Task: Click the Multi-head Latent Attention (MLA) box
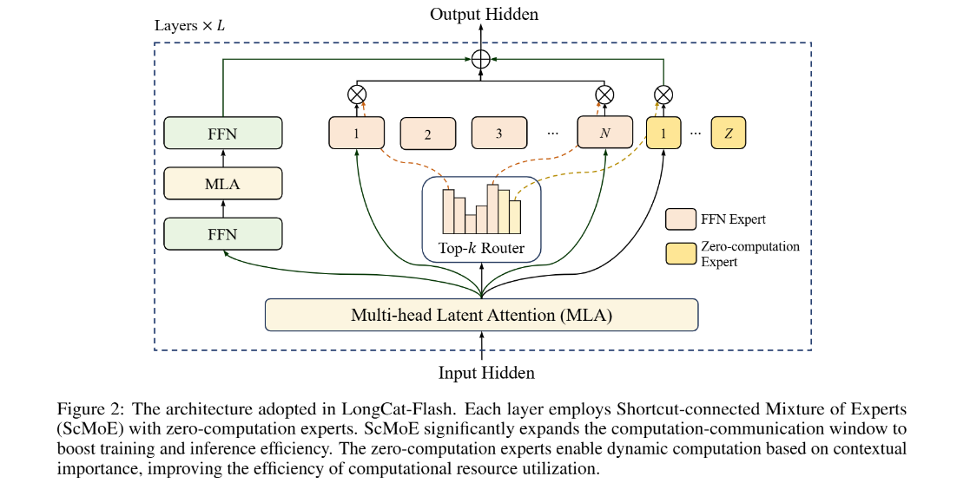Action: [481, 315]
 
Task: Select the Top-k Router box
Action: [482, 219]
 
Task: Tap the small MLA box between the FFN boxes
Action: [223, 183]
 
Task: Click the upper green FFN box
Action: [223, 133]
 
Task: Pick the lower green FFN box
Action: [223, 234]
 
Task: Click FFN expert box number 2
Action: [428, 134]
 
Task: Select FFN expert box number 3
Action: [499, 133]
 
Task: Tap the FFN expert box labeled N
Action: [604, 132]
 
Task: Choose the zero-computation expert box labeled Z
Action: [728, 133]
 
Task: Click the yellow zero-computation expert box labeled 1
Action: [663, 133]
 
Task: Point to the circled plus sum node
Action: [482, 59]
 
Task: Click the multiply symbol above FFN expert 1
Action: [357, 95]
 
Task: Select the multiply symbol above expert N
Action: [604, 95]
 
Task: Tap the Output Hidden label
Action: [484, 14]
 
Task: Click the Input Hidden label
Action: [486, 373]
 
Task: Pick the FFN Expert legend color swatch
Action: [681, 219]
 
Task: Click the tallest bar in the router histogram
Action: [492, 209]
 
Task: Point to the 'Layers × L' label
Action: [190, 26]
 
